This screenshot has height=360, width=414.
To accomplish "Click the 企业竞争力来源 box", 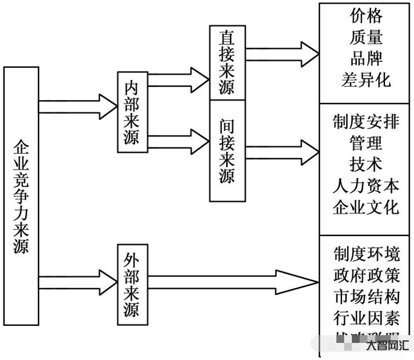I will click(21, 196).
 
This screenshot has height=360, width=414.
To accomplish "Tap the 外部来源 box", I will click(131, 284).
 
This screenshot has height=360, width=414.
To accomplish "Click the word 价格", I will click(366, 16).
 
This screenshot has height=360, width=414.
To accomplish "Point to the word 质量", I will click(366, 37).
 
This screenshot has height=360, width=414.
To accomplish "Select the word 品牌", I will click(366, 59).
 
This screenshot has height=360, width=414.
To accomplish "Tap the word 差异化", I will click(366, 80).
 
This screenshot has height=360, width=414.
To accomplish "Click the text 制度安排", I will click(366, 122).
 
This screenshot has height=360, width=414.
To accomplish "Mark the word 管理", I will click(366, 143).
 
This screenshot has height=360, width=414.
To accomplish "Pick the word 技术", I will click(366, 165).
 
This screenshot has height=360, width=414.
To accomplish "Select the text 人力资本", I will click(366, 186).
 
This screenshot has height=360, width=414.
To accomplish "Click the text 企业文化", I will click(366, 207).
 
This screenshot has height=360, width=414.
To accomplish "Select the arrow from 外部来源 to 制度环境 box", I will click(233, 282).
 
